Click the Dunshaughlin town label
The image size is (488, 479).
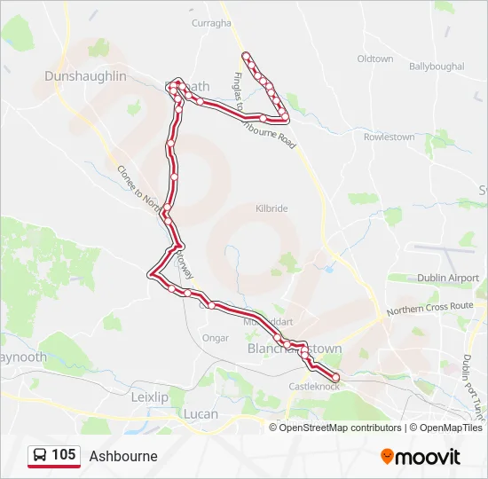(x=85, y=76)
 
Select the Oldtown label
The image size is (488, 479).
(x=374, y=59)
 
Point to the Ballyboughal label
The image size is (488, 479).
(x=437, y=67)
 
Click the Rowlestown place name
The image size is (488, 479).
(x=390, y=137)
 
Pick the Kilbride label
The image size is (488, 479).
(x=272, y=208)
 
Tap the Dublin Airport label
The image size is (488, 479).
(x=448, y=278)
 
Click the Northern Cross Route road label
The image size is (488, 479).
(x=430, y=307)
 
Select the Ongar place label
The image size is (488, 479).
(x=216, y=338)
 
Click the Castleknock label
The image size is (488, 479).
(x=314, y=387)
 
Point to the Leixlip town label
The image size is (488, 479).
(x=149, y=397)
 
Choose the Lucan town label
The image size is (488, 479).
(x=200, y=414)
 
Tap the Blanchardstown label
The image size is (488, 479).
(x=293, y=350)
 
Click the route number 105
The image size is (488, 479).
(x=63, y=455)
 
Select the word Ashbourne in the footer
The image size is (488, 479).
(x=123, y=456)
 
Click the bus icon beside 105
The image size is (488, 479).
(x=40, y=456)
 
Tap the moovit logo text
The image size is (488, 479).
(x=428, y=457)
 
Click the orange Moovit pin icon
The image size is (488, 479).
(x=387, y=457)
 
